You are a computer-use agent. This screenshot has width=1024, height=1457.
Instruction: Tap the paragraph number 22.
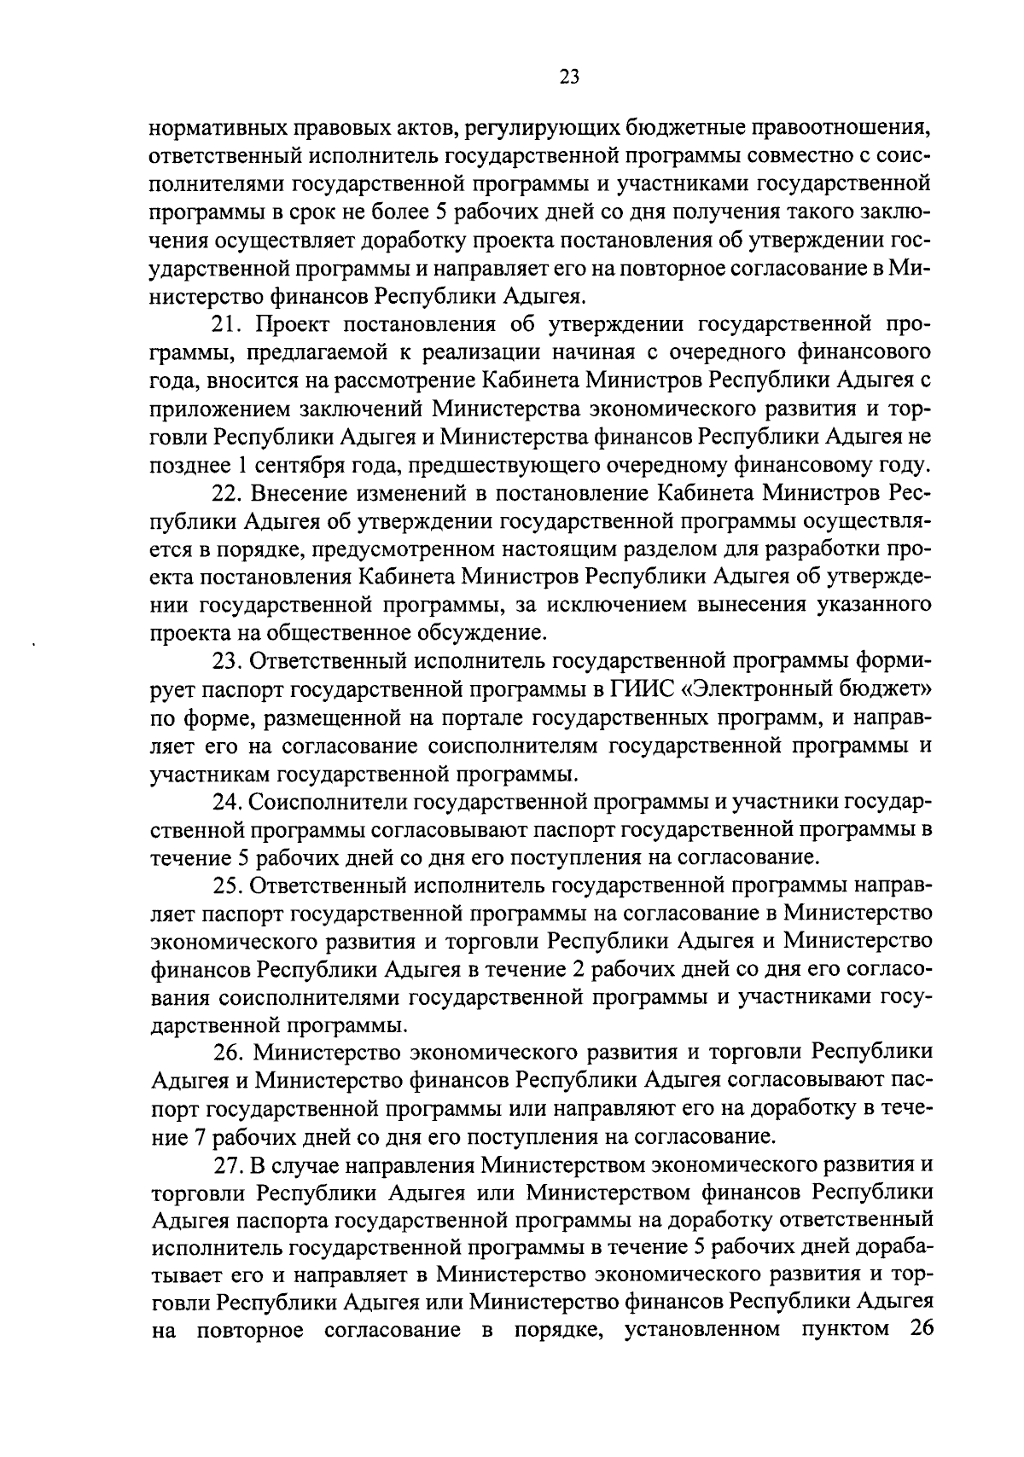(227, 494)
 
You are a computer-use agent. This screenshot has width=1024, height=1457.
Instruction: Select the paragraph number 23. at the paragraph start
(228, 662)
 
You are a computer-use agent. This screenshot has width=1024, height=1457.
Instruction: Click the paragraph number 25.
(228, 885)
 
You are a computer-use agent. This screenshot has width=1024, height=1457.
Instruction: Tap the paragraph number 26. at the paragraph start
(228, 1054)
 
